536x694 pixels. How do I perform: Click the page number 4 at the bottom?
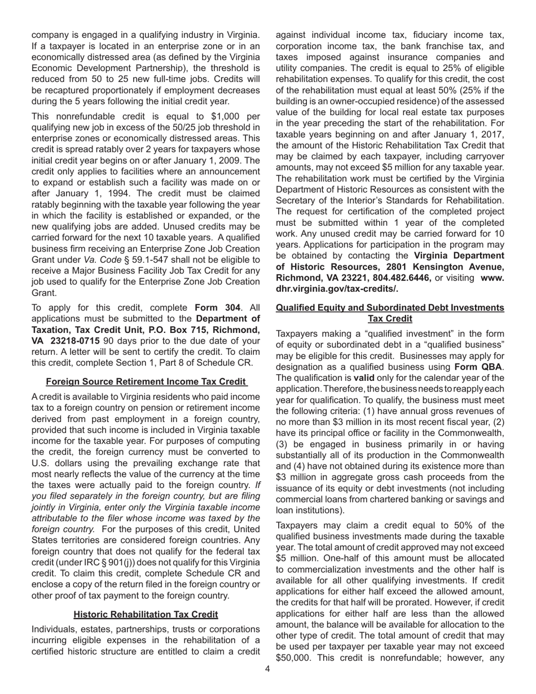(267, 669)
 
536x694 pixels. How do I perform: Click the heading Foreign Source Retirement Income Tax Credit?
(146, 382)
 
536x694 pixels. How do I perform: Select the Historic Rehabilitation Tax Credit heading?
(146, 614)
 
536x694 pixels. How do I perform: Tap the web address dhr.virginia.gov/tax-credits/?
(336, 289)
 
